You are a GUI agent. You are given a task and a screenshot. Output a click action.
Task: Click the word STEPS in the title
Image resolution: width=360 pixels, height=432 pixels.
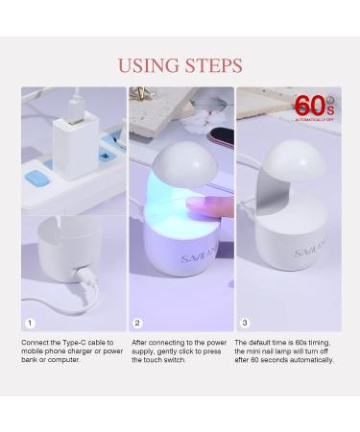coord(210,65)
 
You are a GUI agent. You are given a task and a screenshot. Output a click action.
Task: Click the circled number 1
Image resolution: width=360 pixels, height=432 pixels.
coord(30,324)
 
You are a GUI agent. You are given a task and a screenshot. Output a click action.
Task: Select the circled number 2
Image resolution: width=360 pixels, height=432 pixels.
coord(138,324)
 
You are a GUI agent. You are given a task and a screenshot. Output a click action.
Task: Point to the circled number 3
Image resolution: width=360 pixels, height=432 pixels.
coord(246,324)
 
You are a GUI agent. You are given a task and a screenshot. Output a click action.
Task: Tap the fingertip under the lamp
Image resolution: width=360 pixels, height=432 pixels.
coord(198,204)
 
